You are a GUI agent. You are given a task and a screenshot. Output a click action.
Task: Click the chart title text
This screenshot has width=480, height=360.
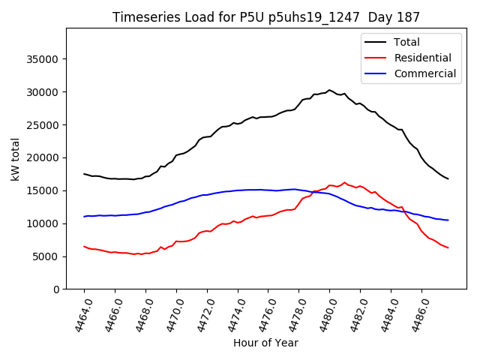(266, 16)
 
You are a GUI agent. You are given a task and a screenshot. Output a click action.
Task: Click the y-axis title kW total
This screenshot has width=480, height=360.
(15, 159)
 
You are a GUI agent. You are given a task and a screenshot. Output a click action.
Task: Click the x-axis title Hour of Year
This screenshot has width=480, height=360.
(265, 343)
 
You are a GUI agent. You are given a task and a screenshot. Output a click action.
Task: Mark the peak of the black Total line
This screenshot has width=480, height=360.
(329, 90)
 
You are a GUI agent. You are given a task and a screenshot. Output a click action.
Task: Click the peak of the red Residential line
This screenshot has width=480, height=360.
(345, 182)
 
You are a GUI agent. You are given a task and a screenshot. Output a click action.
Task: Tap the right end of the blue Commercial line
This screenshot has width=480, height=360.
(448, 220)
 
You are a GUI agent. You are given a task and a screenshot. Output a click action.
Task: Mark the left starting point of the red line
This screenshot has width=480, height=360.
(84, 246)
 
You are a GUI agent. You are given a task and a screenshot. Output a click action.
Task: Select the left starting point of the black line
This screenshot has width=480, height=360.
(84, 174)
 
